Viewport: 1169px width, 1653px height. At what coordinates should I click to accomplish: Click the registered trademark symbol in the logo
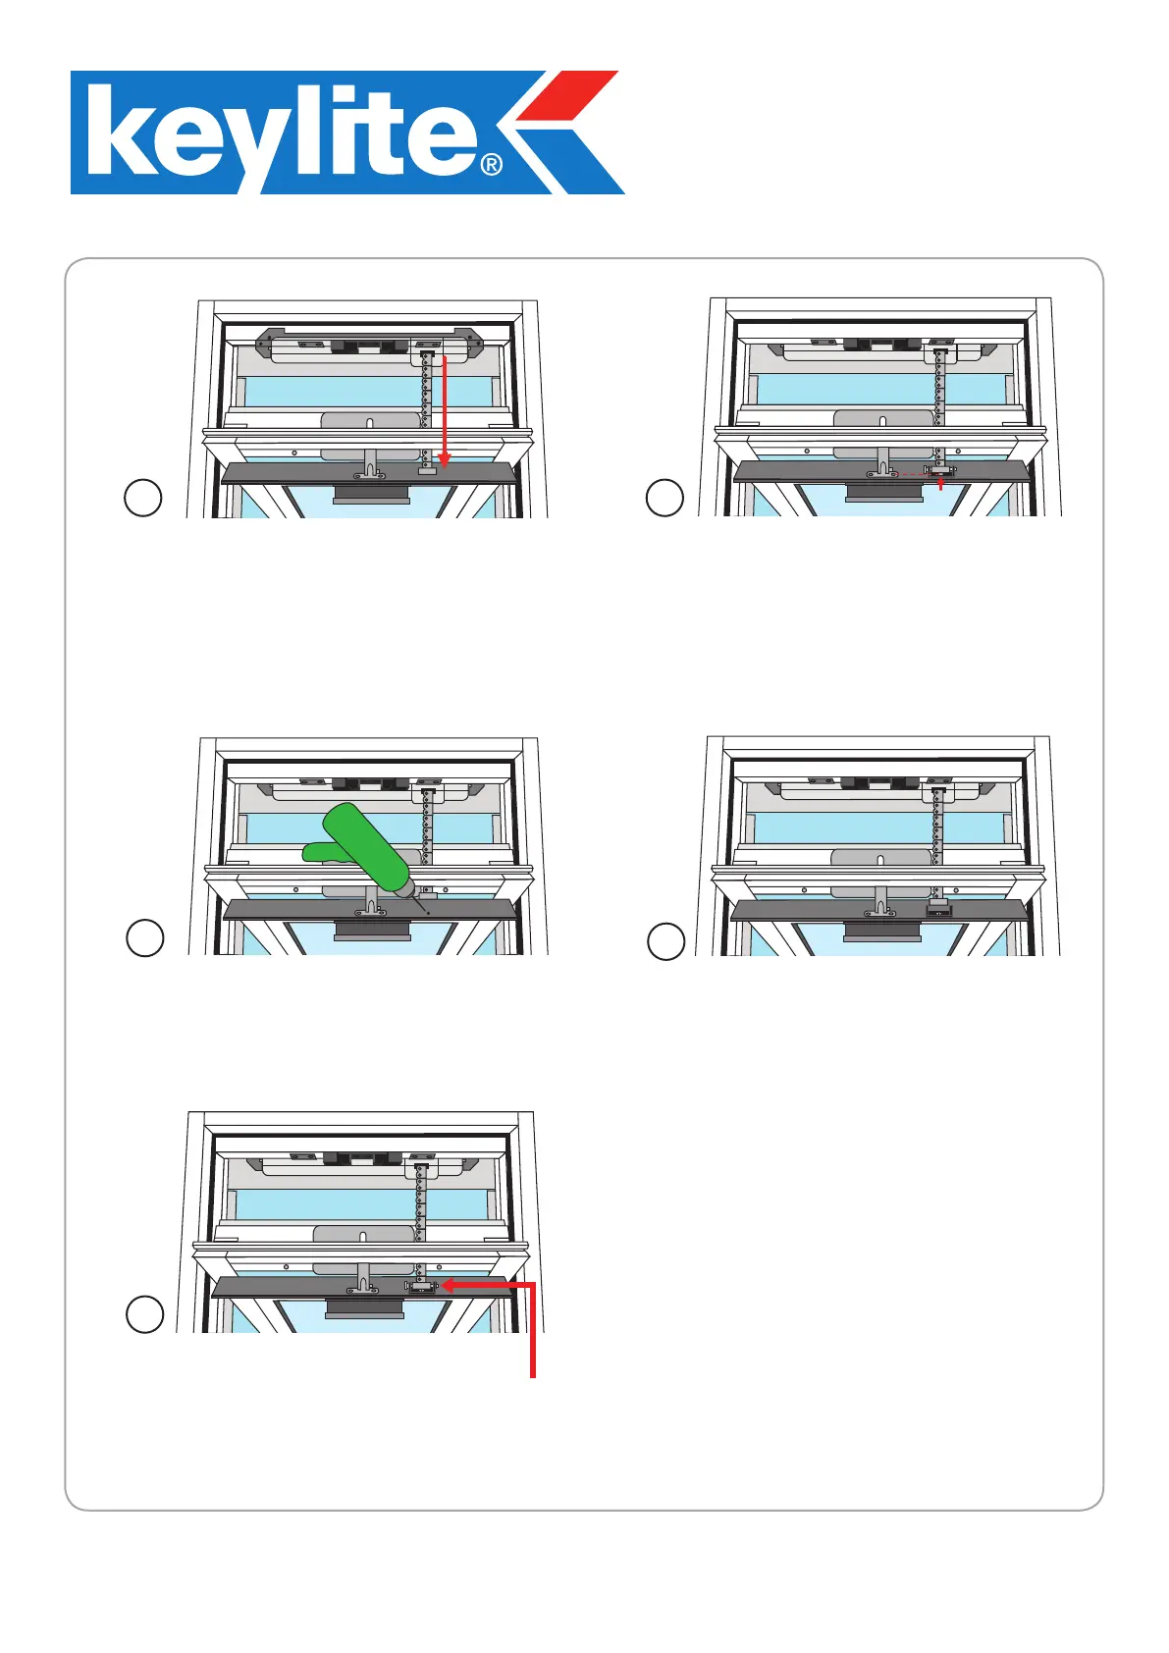491,165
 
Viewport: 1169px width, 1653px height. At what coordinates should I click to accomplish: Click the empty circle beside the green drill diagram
145,938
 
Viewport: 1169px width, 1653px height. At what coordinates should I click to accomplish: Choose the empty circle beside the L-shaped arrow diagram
145,1314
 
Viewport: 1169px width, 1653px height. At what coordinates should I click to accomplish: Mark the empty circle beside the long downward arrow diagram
143,498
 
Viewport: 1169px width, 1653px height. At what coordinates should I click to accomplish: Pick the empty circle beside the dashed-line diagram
664,498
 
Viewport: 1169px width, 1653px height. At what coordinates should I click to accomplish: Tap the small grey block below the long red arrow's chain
428,471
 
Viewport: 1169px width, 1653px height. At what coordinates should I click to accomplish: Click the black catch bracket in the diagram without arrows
939,911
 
